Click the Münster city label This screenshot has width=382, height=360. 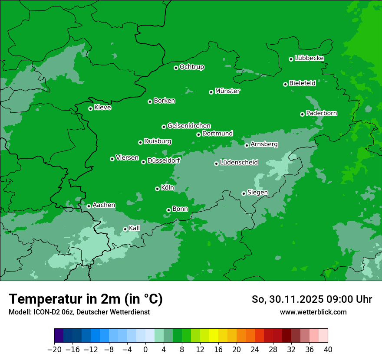(x=227, y=91)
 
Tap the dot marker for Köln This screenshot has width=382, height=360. (x=157, y=189)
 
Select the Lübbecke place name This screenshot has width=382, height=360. (x=309, y=58)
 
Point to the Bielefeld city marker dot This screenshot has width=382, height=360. (x=285, y=84)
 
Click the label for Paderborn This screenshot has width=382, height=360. (x=321, y=113)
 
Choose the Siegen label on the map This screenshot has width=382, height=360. (x=257, y=193)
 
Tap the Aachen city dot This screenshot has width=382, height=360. (x=89, y=206)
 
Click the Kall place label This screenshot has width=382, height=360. (x=135, y=228)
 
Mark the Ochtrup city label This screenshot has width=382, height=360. (x=191, y=67)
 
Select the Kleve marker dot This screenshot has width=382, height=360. (x=90, y=108)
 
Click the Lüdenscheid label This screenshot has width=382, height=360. (x=239, y=163)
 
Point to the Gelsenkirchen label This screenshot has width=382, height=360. (x=189, y=126)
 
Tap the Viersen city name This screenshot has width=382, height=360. (x=127, y=158)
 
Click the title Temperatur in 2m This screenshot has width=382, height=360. (x=86, y=299)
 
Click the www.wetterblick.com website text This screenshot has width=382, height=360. (x=313, y=312)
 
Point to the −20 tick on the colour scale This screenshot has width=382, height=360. (x=54, y=350)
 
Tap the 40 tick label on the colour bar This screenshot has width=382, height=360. (x=328, y=350)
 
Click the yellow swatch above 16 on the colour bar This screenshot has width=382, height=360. (x=214, y=336)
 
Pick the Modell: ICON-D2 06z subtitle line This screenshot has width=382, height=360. (x=79, y=312)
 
